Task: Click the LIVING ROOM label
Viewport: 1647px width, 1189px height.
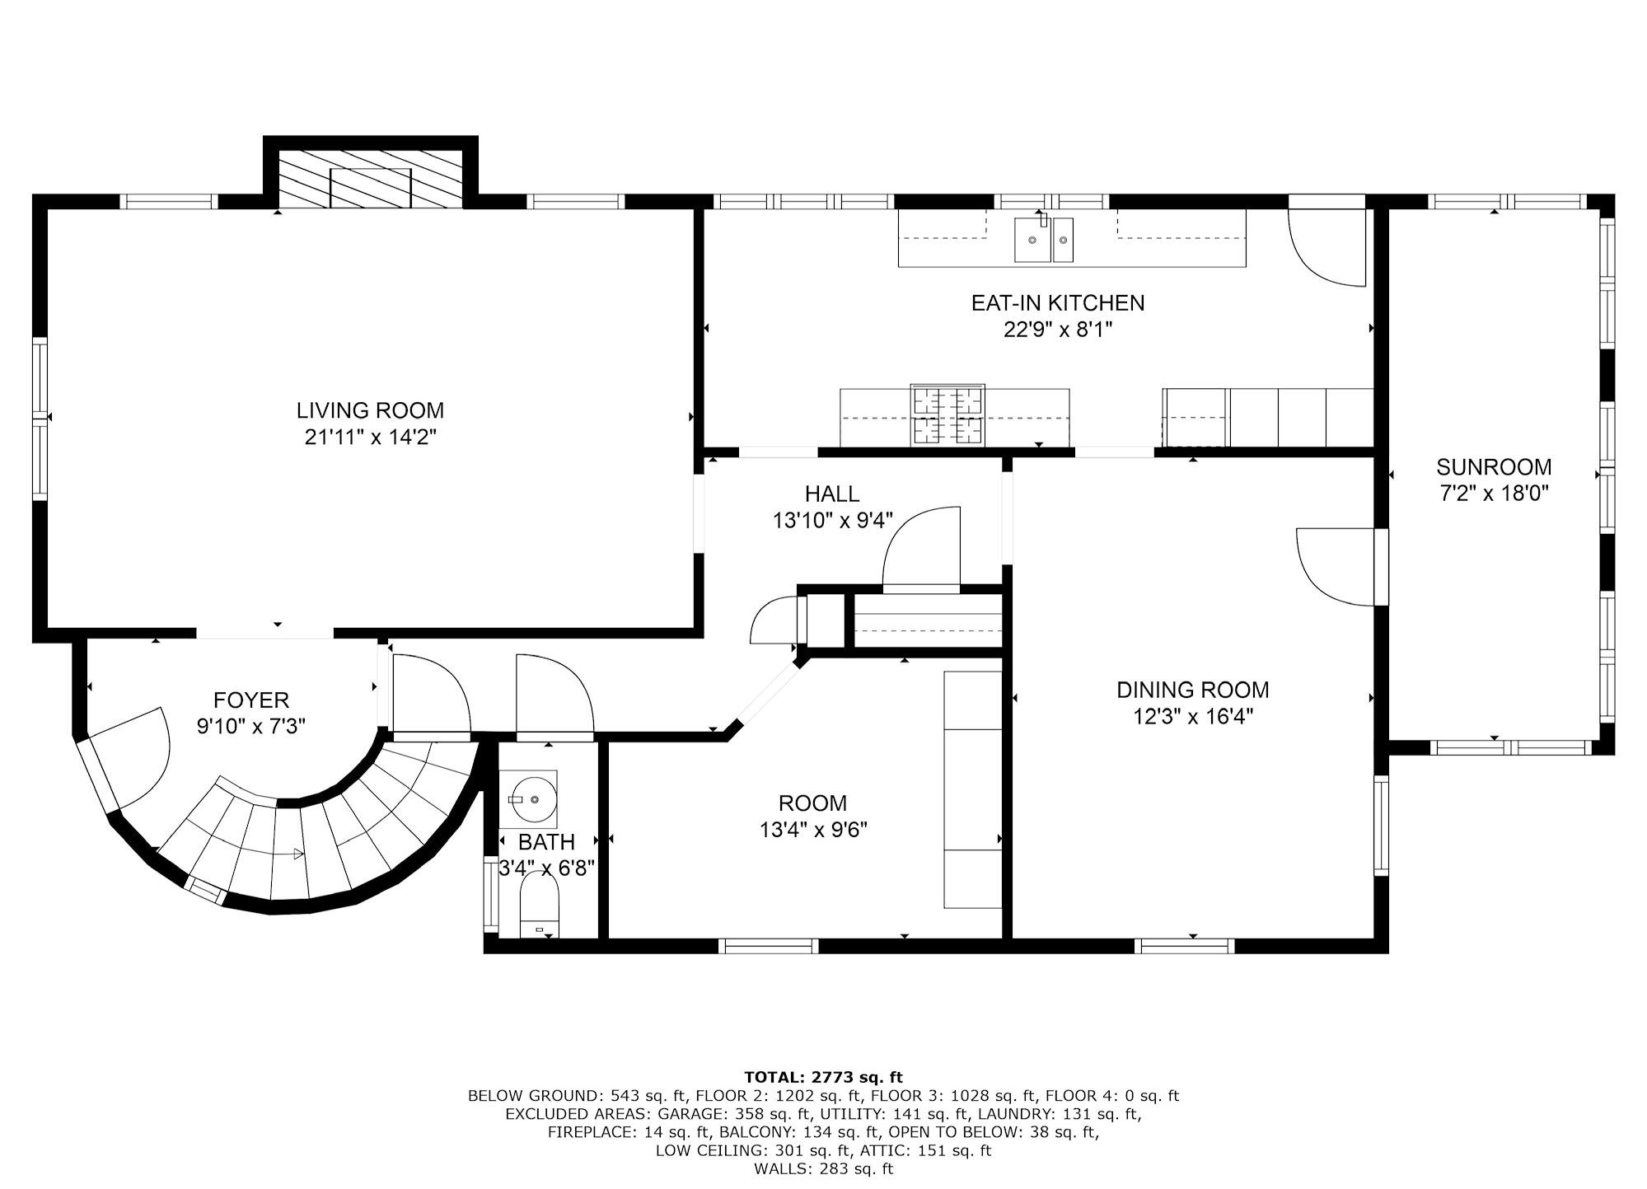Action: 370,410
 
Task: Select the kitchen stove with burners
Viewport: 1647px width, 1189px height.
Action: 947,415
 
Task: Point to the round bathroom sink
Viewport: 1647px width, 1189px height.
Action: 528,798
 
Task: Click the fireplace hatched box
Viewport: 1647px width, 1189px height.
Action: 370,179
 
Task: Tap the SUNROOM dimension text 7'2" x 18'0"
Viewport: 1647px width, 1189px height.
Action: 1493,494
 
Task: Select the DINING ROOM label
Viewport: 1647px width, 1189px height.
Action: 1192,690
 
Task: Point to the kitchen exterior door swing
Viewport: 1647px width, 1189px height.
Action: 1326,246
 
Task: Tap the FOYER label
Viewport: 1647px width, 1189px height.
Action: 251,700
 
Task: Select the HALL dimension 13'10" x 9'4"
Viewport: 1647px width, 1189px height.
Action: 832,521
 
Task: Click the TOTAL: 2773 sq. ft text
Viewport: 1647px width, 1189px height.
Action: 823,1077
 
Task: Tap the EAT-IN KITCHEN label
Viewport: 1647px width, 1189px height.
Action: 1057,303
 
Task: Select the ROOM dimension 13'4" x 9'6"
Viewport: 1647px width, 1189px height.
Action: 813,829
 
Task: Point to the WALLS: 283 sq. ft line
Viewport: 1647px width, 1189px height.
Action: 823,1168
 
